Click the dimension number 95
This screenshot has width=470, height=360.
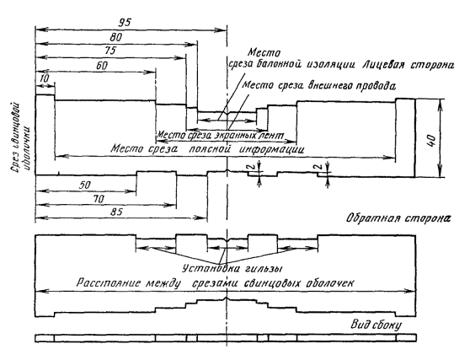point(125,22)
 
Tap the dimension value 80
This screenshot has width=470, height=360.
point(116,37)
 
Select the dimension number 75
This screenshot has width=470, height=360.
point(110,50)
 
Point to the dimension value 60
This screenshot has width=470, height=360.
point(102,66)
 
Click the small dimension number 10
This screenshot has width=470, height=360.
point(44,79)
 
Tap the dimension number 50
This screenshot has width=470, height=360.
point(85,185)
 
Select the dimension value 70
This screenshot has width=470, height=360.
point(99,199)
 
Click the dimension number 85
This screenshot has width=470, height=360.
point(116,212)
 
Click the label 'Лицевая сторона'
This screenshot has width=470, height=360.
point(408,65)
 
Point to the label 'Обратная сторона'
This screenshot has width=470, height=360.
point(398,218)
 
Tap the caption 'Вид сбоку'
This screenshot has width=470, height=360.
point(377,325)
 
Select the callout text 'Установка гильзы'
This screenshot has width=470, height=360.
point(232,268)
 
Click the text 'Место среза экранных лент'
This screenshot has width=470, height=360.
point(221,135)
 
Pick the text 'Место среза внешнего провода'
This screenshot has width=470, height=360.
point(318,85)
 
